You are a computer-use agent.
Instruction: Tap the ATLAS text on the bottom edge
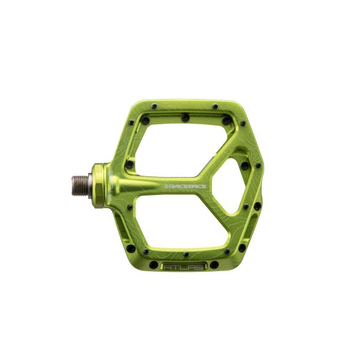coord(178,268)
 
